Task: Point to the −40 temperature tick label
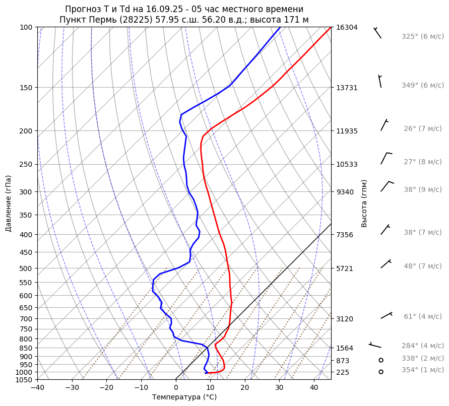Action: point(37,388)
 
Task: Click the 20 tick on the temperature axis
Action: point(245,388)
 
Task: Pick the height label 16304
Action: point(347,27)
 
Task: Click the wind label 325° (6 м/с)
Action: point(422,37)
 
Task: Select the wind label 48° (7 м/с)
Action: point(422,266)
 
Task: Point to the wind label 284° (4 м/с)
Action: point(422,346)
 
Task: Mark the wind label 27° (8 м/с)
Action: point(422,162)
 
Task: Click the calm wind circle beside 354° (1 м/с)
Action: point(381,372)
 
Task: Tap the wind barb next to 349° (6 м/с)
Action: point(380,81)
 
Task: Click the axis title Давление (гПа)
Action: point(9,204)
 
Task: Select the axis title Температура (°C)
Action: point(184,397)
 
